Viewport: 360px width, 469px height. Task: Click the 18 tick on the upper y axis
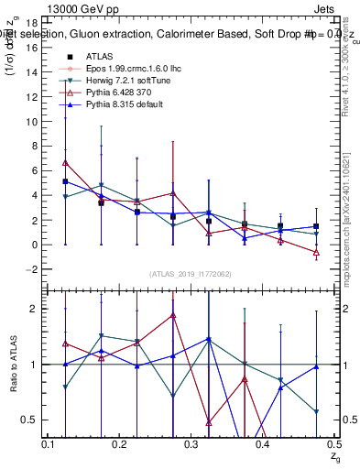(x=32, y=23)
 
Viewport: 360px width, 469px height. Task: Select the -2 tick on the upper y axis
(x=32, y=269)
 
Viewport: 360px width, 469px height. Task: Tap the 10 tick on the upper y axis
(x=32, y=122)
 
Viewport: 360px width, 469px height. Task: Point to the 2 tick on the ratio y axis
(x=34, y=309)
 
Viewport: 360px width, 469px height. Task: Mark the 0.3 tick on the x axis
(x=191, y=444)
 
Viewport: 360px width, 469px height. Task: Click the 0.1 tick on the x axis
(x=49, y=444)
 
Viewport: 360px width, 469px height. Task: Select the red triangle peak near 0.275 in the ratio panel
(x=172, y=315)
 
